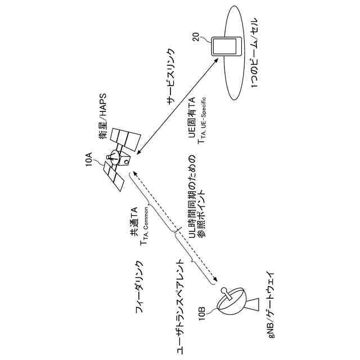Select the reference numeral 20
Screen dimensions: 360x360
coord(195,38)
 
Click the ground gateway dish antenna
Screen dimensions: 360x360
coord(234,304)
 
